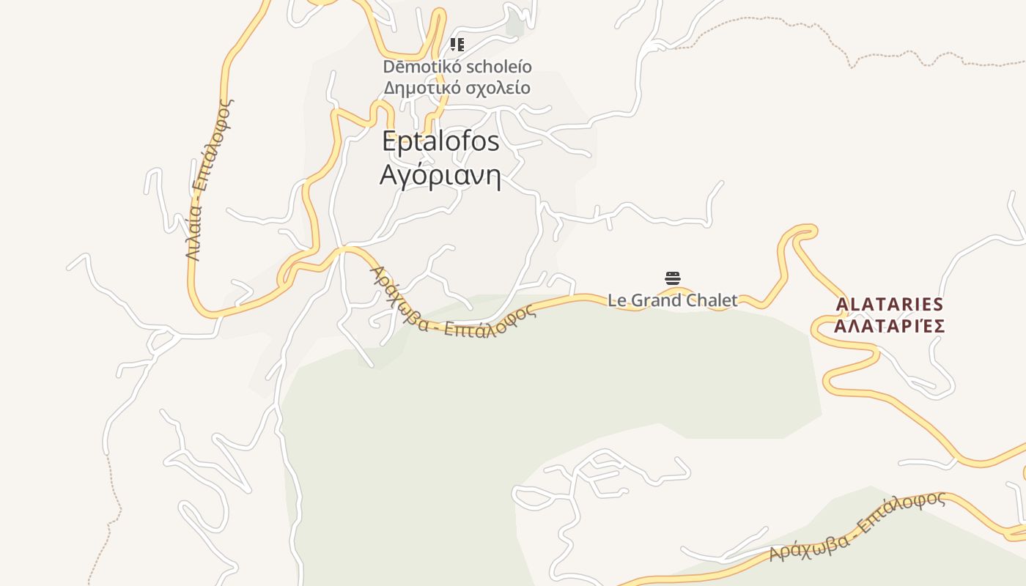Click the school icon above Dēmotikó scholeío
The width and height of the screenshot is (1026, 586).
(457, 45)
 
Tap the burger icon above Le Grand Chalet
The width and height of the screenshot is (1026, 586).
(673, 278)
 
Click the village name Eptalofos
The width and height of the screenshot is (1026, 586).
(440, 141)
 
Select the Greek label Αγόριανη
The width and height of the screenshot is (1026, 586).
(440, 176)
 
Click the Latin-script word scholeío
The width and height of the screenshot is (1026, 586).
(498, 67)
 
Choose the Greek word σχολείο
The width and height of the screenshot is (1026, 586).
(498, 88)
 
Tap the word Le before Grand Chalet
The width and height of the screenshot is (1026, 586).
(617, 300)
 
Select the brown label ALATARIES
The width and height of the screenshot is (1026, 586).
(890, 304)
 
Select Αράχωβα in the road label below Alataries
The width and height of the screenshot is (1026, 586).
(809, 546)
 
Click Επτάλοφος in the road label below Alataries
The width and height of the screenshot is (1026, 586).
(901, 511)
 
